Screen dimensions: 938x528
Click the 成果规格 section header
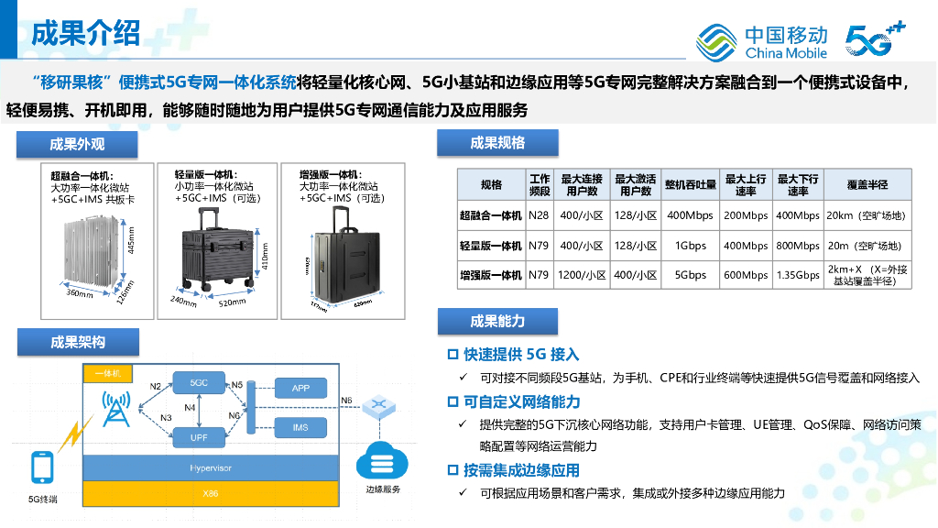point(497,143)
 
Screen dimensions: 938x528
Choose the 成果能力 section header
point(497,321)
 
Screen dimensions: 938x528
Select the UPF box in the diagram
point(199,437)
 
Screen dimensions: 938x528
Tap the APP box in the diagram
point(300,389)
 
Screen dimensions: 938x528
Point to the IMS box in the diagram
point(300,428)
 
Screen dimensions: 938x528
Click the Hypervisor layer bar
point(211,468)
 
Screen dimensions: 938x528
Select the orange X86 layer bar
point(211,494)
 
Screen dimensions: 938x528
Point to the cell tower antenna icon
point(115,410)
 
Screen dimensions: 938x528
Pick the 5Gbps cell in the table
point(690,275)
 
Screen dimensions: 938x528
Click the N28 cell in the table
point(539,216)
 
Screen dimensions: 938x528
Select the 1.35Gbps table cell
point(798,275)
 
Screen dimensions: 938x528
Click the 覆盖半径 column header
point(867,184)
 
